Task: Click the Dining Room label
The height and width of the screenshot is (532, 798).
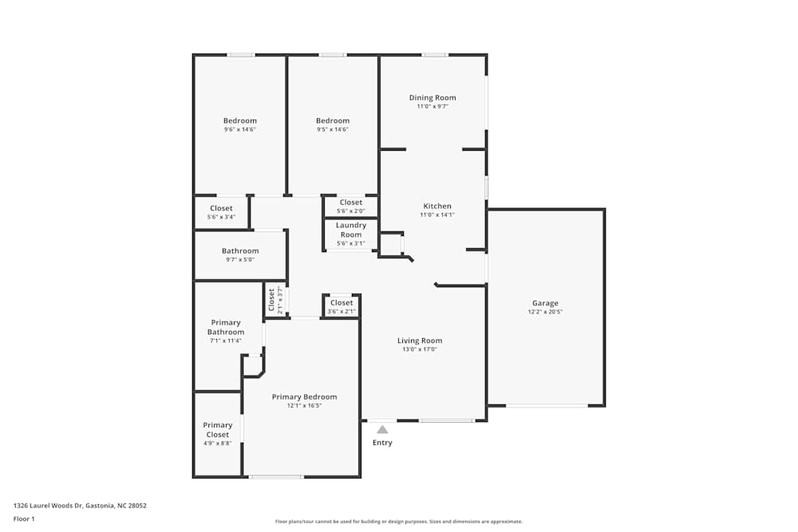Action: click(x=433, y=98)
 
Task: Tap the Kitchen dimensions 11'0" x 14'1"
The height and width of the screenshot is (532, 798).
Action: click(x=437, y=215)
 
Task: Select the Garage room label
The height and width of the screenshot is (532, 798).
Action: click(x=545, y=303)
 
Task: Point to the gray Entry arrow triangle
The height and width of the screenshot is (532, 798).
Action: click(x=382, y=429)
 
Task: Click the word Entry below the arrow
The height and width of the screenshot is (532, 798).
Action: click(x=382, y=443)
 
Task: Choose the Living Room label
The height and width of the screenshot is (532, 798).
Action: click(x=419, y=341)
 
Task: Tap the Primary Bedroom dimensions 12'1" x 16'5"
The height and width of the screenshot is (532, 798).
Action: click(x=304, y=405)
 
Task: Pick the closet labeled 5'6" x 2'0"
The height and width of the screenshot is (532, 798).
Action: click(x=350, y=211)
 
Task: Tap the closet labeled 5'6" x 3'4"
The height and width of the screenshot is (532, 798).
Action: click(x=221, y=216)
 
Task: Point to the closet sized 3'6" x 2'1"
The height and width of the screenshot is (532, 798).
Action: click(x=342, y=311)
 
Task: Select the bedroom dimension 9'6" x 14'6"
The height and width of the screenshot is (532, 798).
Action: click(x=239, y=129)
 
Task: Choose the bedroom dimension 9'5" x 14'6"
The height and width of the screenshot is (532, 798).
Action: click(x=332, y=129)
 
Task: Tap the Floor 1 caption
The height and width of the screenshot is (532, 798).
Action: click(x=24, y=518)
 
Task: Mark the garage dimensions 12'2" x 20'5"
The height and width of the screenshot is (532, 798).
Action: click(x=545, y=312)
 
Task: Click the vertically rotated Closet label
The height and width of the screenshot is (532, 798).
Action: click(x=271, y=299)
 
